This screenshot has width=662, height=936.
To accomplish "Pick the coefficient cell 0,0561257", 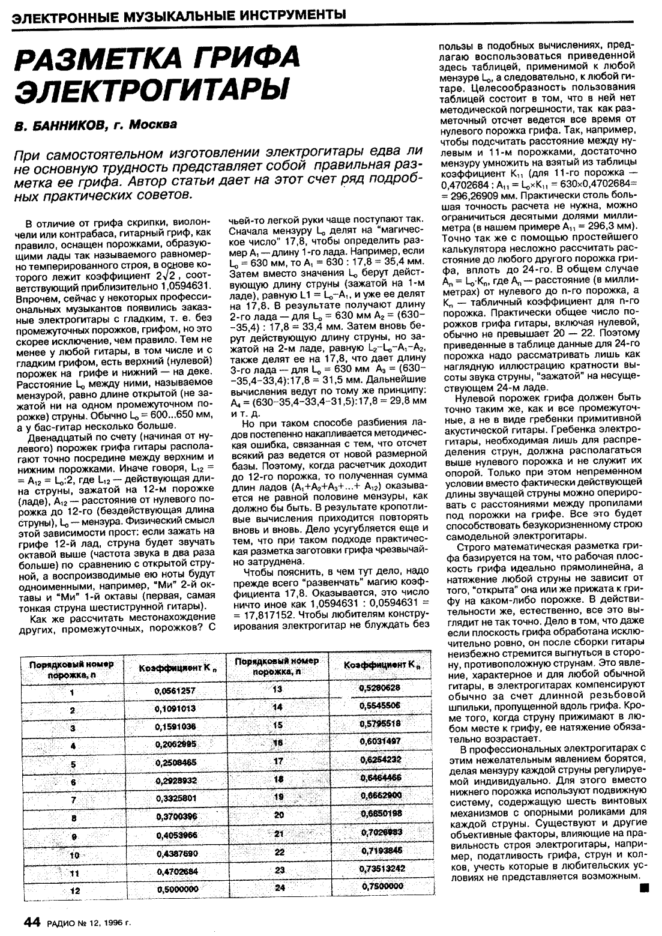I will pos(175,692).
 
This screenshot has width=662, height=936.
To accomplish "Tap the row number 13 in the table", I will pos(277,689).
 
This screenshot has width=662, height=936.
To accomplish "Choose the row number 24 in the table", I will pos(278,887).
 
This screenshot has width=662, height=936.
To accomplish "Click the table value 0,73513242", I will pos(382,868).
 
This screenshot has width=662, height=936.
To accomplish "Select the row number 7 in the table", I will pos(73,801).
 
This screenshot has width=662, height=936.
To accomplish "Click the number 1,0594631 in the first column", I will pos(182,287).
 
